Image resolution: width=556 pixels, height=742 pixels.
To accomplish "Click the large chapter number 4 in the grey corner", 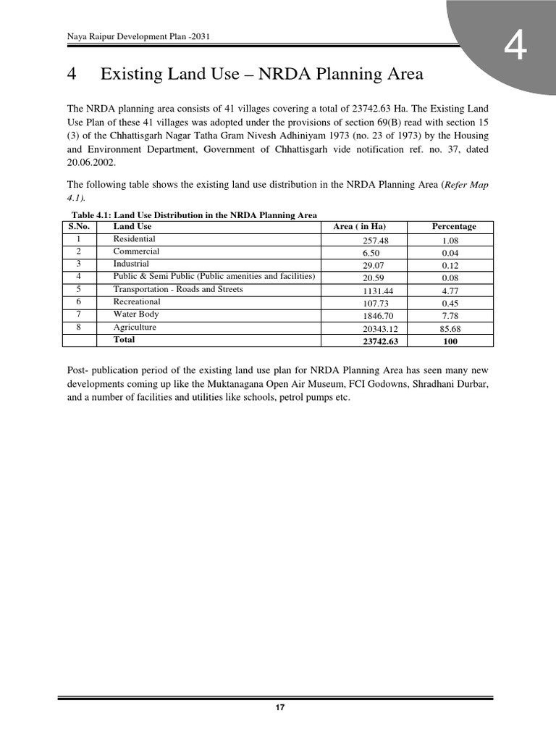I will [x=515, y=49].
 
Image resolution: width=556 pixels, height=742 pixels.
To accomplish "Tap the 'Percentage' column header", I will [x=454, y=227].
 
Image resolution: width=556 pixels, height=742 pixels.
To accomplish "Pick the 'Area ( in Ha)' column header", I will [x=360, y=227].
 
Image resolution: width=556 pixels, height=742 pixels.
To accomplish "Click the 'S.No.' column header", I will [x=78, y=227].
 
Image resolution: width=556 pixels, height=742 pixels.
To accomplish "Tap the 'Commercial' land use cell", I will [x=136, y=251].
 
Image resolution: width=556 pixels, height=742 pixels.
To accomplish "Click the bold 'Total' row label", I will [x=124, y=340].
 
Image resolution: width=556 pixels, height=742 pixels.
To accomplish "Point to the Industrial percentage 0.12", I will [x=450, y=266].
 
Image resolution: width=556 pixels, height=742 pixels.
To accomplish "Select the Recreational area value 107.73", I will [x=376, y=304].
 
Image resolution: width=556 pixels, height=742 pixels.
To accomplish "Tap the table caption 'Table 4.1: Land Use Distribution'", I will [x=193, y=214].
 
